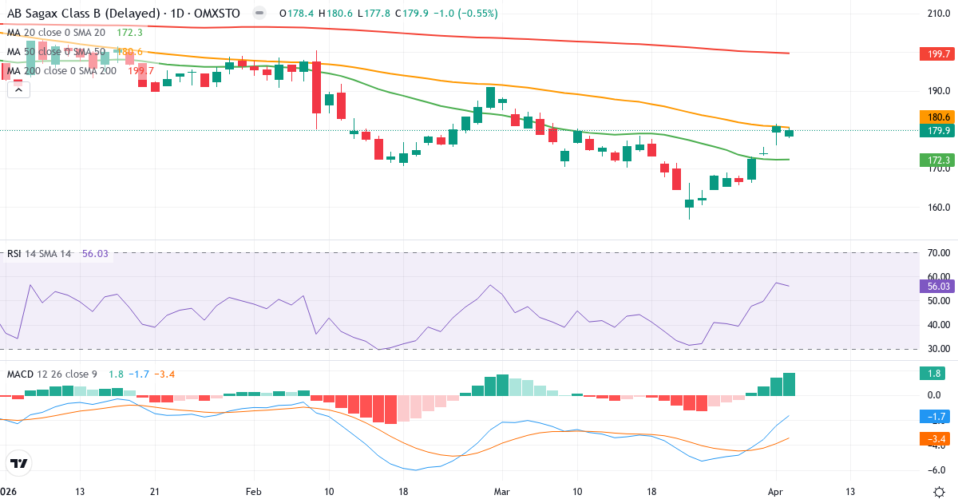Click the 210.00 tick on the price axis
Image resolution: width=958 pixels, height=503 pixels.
click(x=935, y=14)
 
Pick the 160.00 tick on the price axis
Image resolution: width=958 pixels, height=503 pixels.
click(x=935, y=208)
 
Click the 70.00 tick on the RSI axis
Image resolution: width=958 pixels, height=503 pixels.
click(x=935, y=253)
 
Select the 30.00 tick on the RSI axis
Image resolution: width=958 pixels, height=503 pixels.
click(x=935, y=349)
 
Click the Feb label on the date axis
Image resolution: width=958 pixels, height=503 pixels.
click(x=254, y=491)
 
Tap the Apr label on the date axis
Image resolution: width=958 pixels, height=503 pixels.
click(x=775, y=491)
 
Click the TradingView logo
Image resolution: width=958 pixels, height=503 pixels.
click(x=19, y=463)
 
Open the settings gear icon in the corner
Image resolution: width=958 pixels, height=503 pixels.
click(x=940, y=491)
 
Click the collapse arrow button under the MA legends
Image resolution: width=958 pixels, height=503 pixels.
click(x=18, y=89)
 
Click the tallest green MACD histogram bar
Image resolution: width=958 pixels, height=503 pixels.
click(x=789, y=384)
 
